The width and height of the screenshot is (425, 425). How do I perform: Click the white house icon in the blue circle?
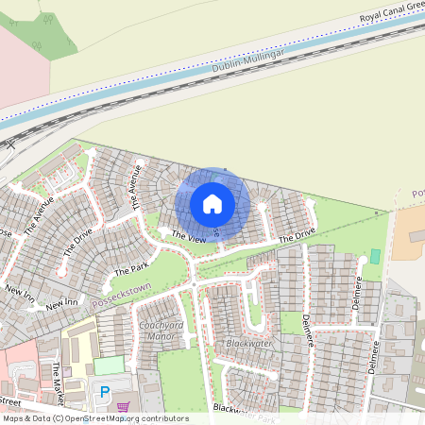click(212, 203)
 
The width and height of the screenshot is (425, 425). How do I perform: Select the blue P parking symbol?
click(105, 391)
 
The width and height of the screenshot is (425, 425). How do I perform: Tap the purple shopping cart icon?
click(123, 407)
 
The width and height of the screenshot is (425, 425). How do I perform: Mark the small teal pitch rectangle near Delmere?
click(375, 256)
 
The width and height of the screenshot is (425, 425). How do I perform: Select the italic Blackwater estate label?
click(248, 344)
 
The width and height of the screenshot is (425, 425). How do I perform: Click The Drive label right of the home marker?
click(297, 234)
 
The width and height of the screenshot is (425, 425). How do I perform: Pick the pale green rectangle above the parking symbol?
click(109, 365)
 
